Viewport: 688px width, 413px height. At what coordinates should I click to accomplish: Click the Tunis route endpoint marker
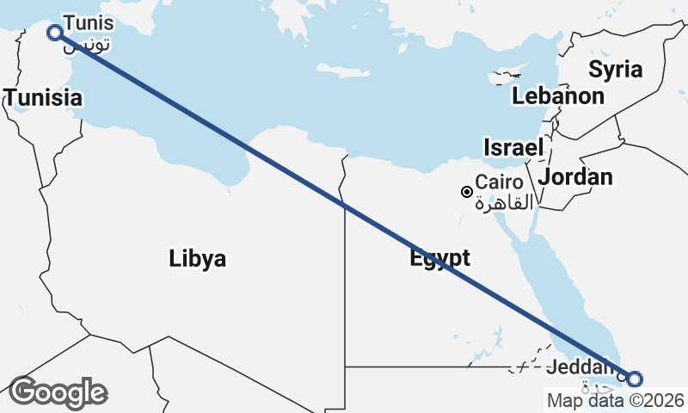click(x=55, y=33)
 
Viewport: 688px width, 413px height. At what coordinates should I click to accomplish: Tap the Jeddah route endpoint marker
click(x=635, y=379)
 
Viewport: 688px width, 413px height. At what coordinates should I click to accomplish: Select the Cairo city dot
click(x=466, y=192)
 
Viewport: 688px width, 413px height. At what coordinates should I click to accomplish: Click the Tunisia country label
click(x=44, y=98)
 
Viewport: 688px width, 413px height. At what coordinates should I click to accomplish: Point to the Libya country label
click(x=198, y=258)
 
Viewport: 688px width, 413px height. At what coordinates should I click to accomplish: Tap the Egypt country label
click(x=439, y=258)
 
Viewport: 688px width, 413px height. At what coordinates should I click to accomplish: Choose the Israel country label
click(x=513, y=147)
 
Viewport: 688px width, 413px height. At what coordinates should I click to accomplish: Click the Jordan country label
click(x=575, y=177)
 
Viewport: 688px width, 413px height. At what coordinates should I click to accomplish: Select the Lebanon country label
click(x=558, y=96)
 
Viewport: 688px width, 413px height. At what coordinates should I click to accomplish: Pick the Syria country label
click(x=615, y=69)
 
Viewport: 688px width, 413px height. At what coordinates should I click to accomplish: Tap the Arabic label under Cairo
click(x=504, y=202)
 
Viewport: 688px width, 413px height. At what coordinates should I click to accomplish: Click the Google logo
click(x=58, y=392)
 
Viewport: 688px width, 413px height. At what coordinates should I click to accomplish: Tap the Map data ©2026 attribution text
click(x=615, y=400)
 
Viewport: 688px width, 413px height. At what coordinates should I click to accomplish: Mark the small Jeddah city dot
click(x=621, y=377)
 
